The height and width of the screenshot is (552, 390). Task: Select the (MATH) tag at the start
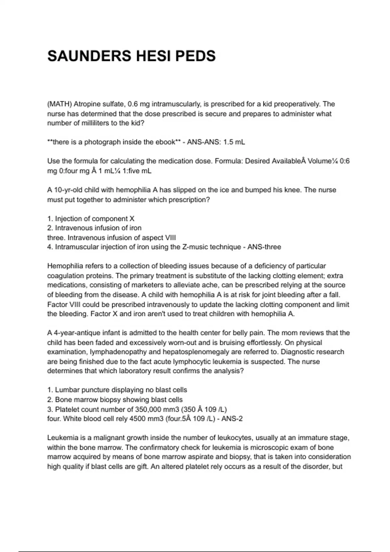(59, 104)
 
